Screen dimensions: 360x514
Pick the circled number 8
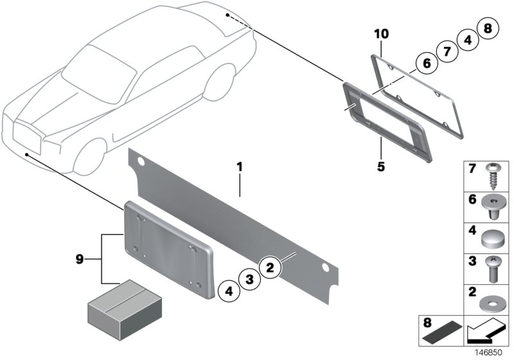(488, 29)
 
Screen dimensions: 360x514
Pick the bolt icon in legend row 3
(493, 269)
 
